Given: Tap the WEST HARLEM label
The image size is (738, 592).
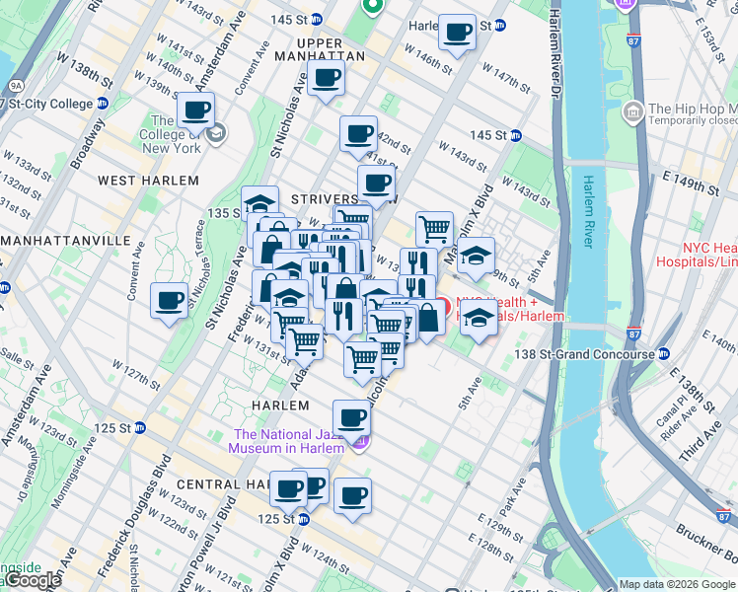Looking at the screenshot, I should click(x=148, y=181).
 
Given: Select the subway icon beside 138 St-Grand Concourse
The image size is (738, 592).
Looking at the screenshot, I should click(x=665, y=354).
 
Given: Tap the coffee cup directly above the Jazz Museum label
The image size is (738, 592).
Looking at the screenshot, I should click(x=351, y=417).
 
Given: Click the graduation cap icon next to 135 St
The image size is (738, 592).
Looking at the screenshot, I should click(x=259, y=204).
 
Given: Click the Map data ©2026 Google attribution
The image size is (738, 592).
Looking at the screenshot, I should click(x=677, y=584).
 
